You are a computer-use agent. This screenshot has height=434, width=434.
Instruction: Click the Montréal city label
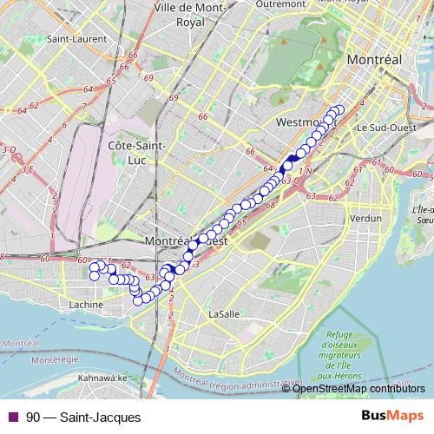pyautogui.click(x=373, y=60)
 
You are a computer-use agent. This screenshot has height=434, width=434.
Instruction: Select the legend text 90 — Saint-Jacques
pyautogui.click(x=83, y=418)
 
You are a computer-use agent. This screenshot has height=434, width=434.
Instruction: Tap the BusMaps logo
pyautogui.click(x=392, y=417)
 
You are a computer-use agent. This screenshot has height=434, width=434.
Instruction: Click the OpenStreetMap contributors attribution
pyautogui.click(x=358, y=388)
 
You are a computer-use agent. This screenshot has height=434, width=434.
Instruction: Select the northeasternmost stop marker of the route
pyautogui.click(x=339, y=110)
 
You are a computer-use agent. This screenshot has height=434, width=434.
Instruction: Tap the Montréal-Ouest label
pyautogui.click(x=187, y=240)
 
